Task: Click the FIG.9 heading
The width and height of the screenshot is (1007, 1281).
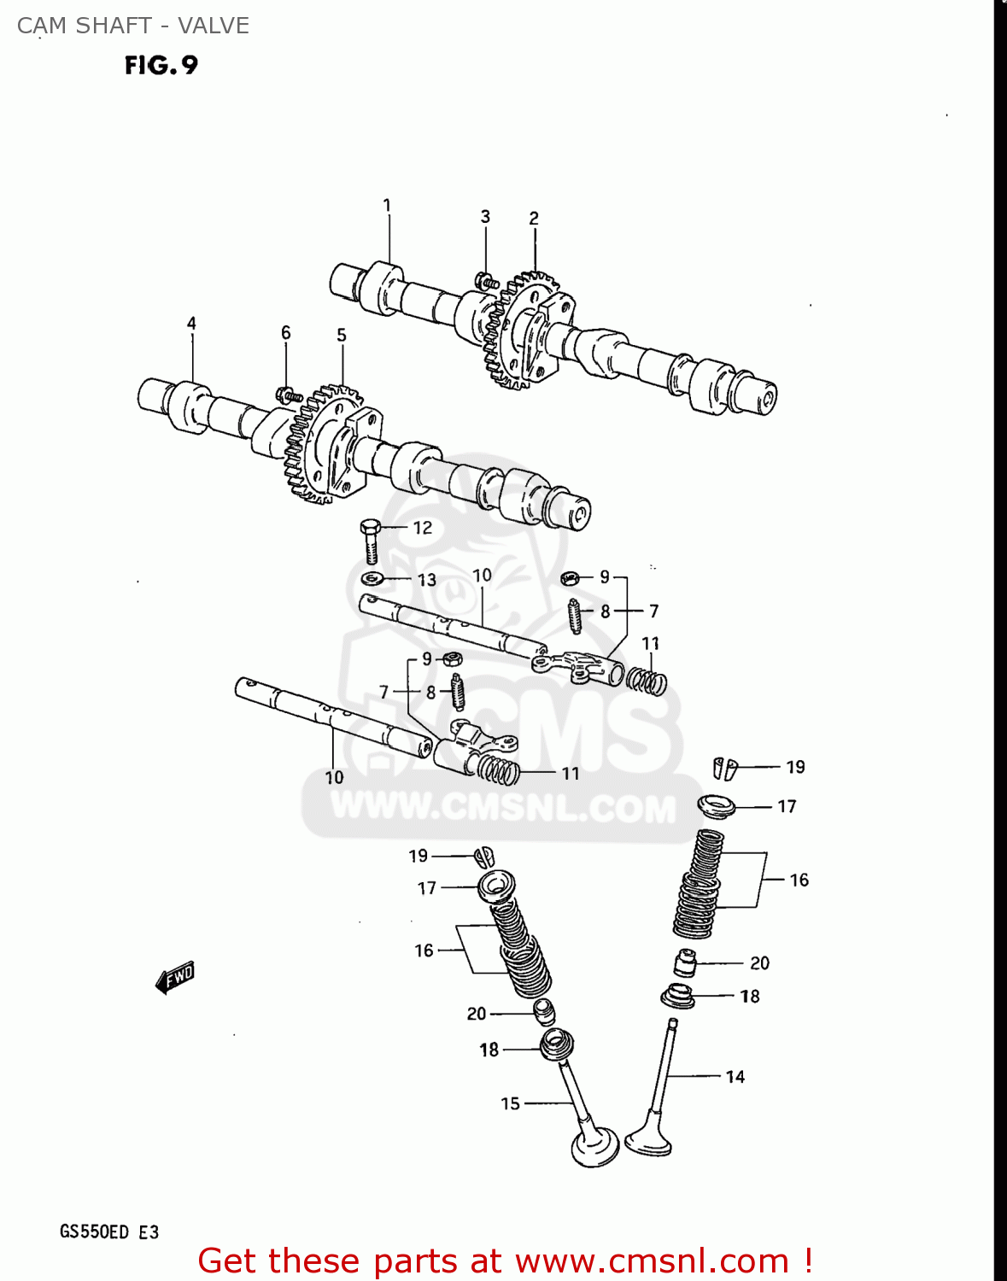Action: [x=161, y=65]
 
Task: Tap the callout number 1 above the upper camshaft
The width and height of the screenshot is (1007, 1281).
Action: [x=387, y=205]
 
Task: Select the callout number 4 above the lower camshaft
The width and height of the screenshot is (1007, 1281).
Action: [x=191, y=323]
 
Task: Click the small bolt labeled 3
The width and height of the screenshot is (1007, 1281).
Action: [x=486, y=279]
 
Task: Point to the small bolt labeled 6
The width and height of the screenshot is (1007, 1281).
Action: [x=288, y=395]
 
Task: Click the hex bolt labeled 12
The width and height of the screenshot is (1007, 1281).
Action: [x=370, y=540]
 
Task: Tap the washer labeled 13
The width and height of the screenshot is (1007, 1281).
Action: [x=371, y=579]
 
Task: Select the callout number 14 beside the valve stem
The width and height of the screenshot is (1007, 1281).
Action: [x=735, y=1077]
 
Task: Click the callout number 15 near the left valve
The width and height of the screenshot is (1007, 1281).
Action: [x=510, y=1103]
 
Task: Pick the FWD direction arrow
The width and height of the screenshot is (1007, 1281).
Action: [x=176, y=978]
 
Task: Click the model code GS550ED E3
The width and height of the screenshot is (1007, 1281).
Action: [x=108, y=1232]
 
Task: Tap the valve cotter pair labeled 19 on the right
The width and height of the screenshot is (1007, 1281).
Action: [x=724, y=768]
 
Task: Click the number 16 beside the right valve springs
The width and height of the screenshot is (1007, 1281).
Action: [x=799, y=880]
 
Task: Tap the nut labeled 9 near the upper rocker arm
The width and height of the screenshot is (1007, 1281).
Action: [x=570, y=578]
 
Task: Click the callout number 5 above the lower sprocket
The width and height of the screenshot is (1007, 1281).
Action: [x=341, y=335]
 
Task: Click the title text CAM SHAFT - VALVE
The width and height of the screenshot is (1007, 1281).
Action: [x=133, y=26]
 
